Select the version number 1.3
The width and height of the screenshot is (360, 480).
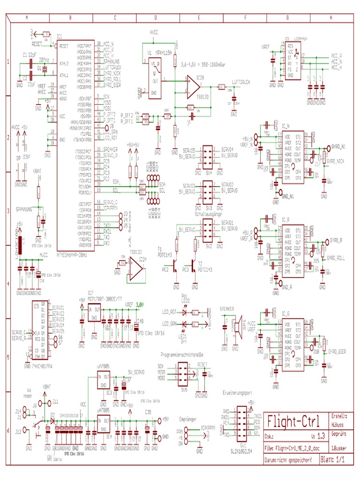321,435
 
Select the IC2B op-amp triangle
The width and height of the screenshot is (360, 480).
194,88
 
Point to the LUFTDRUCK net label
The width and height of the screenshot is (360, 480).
241,82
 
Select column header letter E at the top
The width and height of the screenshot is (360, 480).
199,17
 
